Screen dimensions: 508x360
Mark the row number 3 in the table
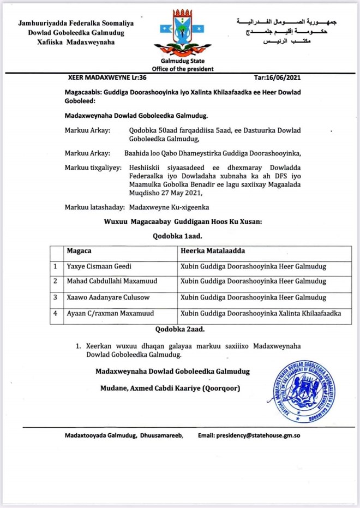click(55, 297)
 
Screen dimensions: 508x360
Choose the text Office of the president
click(179, 69)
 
